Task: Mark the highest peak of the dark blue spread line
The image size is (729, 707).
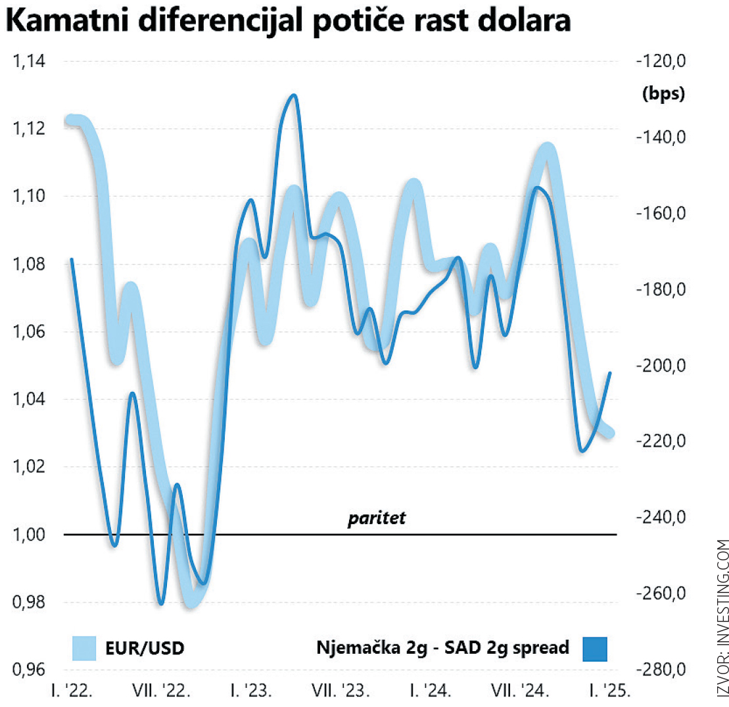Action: (293, 96)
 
